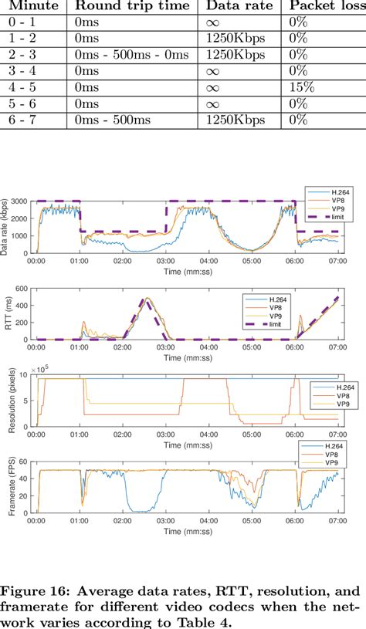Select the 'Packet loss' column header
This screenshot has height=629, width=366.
tap(323, 6)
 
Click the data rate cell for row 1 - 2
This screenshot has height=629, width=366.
tap(236, 39)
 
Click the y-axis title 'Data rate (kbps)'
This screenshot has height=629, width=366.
tap(6, 226)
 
